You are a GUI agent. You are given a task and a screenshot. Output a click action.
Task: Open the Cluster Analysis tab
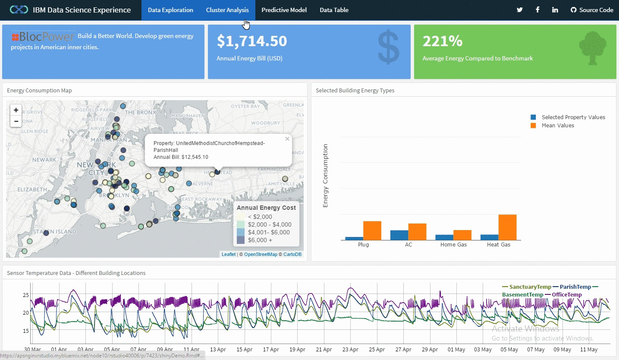tap(227, 10)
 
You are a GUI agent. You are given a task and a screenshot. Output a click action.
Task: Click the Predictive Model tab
tap(284, 10)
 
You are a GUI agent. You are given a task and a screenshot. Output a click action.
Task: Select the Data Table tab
tap(334, 10)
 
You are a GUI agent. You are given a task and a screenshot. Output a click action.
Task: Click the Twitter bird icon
tap(519, 10)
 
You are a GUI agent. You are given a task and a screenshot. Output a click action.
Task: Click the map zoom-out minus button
tap(16, 121)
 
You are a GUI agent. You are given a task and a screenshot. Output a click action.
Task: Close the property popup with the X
tap(287, 139)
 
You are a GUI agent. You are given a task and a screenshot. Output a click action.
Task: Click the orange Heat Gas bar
tap(507, 227)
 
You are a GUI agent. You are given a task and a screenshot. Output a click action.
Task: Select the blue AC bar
tap(399, 235)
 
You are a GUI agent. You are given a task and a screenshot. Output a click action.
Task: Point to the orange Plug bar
tap(372, 231)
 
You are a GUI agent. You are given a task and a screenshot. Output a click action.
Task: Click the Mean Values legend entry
tap(558, 126)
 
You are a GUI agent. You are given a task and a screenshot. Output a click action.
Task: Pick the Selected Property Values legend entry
tap(573, 117)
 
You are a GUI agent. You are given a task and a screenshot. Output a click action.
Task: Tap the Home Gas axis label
tap(454, 245)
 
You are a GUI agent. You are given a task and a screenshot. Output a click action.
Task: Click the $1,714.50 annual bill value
tap(252, 41)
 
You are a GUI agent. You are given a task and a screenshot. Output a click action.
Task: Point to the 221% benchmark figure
tap(443, 41)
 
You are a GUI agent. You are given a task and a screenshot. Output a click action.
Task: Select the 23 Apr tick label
tap(350, 350)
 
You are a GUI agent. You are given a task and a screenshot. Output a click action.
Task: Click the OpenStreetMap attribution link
tap(261, 255)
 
